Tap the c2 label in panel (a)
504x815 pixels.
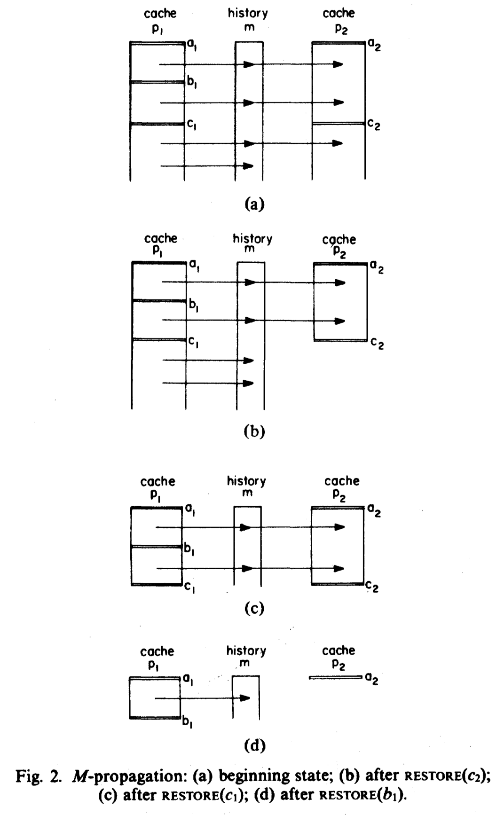[x=374, y=125]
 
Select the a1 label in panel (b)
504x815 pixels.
[x=194, y=266]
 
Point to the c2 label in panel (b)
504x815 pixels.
[x=377, y=344]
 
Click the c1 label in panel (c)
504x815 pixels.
[x=190, y=587]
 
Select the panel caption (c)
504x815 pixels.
[x=255, y=608]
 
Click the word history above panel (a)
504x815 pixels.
[x=248, y=13]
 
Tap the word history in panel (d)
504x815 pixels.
[x=246, y=651]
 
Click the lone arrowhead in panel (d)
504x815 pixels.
[x=244, y=698]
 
